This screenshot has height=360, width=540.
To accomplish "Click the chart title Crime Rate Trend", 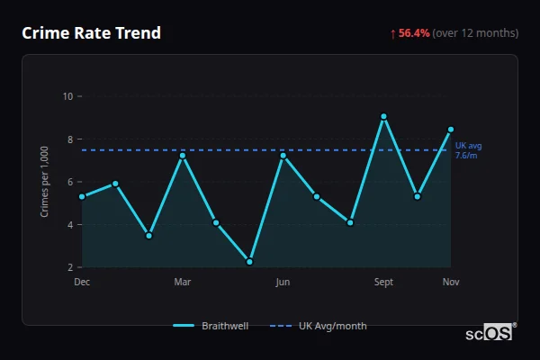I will click(x=91, y=33).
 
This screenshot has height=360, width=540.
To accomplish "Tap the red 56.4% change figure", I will click(x=415, y=33).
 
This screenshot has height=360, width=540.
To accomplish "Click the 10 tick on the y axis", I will click(x=67, y=96).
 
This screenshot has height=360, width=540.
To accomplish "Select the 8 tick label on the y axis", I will click(x=69, y=139).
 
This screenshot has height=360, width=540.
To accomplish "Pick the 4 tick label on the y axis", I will click(x=69, y=224).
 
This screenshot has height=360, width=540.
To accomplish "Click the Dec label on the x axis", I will click(x=82, y=283).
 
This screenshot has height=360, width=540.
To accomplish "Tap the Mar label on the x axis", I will click(x=183, y=283).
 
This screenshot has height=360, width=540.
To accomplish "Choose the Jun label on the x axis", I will click(x=283, y=283).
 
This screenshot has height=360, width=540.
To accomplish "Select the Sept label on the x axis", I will click(x=383, y=283).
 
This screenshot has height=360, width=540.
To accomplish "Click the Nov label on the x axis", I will click(x=451, y=283).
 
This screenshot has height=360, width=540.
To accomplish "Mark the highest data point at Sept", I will click(x=383, y=116).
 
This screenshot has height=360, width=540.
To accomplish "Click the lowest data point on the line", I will click(x=249, y=262).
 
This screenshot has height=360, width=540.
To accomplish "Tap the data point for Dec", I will click(x=82, y=196).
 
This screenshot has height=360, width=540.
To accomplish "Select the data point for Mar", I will click(x=183, y=156).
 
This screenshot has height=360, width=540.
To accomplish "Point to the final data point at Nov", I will click(x=451, y=130).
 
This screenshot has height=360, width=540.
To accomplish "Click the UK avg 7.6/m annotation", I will click(x=469, y=149).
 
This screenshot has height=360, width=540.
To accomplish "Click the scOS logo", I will click(x=489, y=333).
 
